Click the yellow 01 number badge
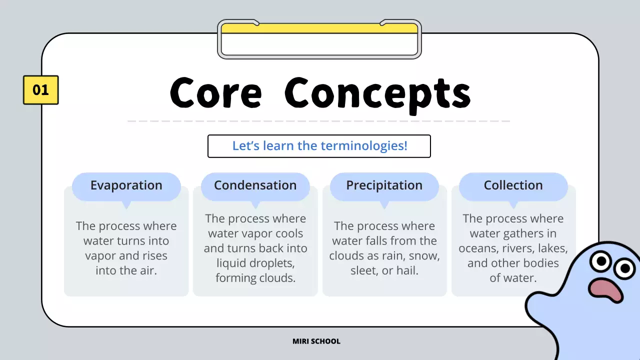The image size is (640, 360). coord(41,90)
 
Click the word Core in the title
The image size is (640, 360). coord(215,92)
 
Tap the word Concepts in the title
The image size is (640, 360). coord(377,95)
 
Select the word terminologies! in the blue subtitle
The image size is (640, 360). coord(364,145)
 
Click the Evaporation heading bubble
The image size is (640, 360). coord(126,186)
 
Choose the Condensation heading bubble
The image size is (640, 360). coord(255,186)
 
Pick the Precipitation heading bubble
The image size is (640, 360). coord(384,186)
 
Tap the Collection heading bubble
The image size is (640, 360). coord(513,186)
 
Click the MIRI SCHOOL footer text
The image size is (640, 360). coord(316,341)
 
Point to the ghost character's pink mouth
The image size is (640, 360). coord(605,290)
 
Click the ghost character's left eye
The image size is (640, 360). coord(601,261)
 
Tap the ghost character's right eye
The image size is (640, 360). coord(624,268)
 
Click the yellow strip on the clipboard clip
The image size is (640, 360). coord(319,28)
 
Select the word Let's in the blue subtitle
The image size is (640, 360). coord(245,145)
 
